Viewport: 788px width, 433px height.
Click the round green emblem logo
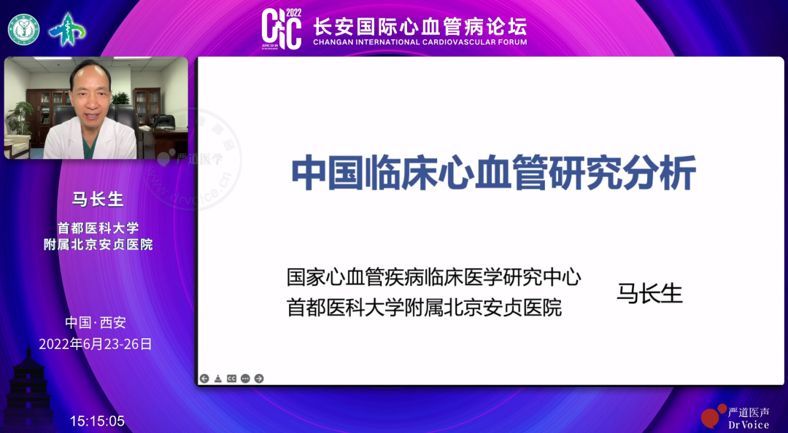click(x=23, y=29)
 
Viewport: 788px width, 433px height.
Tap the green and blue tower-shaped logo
click(x=66, y=29)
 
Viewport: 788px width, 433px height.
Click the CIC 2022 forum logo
click(x=282, y=29)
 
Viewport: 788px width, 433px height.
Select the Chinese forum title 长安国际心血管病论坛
click(x=420, y=26)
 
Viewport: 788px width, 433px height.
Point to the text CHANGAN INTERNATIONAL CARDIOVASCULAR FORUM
click(x=420, y=42)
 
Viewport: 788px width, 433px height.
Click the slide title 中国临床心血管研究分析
click(x=493, y=173)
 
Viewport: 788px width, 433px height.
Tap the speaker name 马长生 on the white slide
click(x=649, y=293)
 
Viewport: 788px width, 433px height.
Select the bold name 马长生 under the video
click(x=97, y=199)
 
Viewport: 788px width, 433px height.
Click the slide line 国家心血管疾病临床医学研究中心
click(x=433, y=277)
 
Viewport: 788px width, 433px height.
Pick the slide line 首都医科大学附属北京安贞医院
click(x=424, y=308)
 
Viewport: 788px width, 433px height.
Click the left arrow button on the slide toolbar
click(x=204, y=378)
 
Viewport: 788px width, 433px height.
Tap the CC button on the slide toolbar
click(x=231, y=378)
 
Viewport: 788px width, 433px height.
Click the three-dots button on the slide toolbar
click(x=245, y=378)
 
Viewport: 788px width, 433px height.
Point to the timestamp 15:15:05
click(x=97, y=421)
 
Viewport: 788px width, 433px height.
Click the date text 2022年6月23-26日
click(x=96, y=344)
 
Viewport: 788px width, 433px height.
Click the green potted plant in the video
click(x=20, y=117)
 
